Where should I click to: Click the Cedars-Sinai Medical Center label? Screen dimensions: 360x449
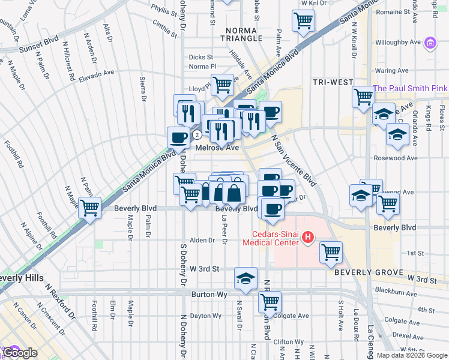270,238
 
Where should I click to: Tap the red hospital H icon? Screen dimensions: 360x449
308,238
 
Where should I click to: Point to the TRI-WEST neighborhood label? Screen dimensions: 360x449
330,81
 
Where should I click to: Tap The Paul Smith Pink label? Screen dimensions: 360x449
410,88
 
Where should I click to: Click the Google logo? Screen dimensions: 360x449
20,353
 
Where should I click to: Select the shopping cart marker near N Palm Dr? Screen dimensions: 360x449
90,208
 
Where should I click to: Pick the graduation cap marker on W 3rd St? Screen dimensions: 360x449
246,278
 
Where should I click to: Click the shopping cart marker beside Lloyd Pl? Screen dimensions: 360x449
222,85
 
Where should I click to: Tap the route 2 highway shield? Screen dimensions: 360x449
196,134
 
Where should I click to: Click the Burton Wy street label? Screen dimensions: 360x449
208,295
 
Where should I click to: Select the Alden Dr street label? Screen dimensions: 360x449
202,240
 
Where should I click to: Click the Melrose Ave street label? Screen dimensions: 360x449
217,147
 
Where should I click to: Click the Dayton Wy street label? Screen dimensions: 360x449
205,316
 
